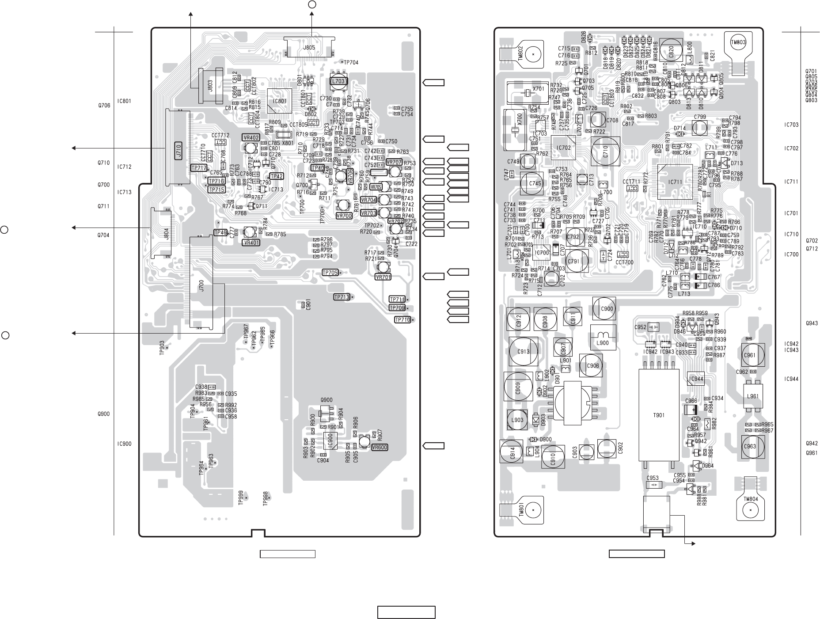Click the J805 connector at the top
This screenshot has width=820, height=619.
pyautogui.click(x=309, y=46)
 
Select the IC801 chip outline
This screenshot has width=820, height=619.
pyautogui.click(x=279, y=101)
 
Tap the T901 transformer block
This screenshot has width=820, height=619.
pyautogui.click(x=658, y=415)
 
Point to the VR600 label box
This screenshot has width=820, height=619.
pyautogui.click(x=380, y=447)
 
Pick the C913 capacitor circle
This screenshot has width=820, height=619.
pyautogui.click(x=524, y=352)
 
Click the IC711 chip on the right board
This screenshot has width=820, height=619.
pyautogui.click(x=675, y=182)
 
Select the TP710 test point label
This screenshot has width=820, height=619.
pyautogui.click(x=402, y=320)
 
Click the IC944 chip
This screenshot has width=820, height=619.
pyautogui.click(x=696, y=379)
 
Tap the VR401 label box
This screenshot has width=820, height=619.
pyautogui.click(x=251, y=242)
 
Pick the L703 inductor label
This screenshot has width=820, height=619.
pyautogui.click(x=338, y=81)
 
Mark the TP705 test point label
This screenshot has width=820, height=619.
pyautogui.click(x=330, y=273)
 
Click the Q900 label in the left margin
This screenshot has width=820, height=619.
pyautogui.click(x=103, y=414)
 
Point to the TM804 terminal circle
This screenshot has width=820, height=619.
pyautogui.click(x=750, y=510)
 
